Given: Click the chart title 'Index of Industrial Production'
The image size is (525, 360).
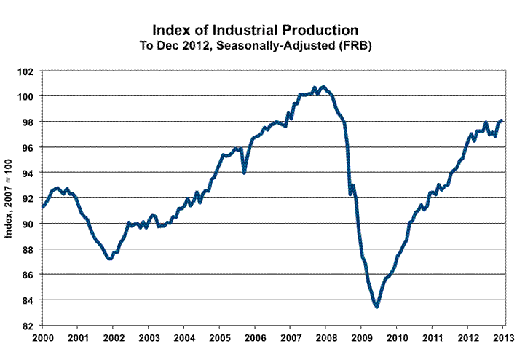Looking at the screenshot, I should (x=255, y=30).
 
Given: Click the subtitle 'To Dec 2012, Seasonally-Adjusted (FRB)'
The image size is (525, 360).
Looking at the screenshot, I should (x=255, y=45).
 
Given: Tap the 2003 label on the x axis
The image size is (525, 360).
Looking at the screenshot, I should (x=149, y=339).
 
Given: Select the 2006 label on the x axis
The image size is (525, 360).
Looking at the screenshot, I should (x=255, y=339).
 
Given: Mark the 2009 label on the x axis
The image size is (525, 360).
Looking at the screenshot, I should (x=362, y=339).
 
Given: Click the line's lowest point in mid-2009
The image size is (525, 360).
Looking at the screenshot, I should (x=376, y=307).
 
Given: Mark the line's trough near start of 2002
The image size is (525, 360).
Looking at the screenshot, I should (x=109, y=259).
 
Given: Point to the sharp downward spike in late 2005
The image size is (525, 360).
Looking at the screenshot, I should (x=244, y=173).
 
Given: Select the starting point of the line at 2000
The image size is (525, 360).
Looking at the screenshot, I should (x=42, y=207).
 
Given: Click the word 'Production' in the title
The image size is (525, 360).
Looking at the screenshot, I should (x=320, y=30).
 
